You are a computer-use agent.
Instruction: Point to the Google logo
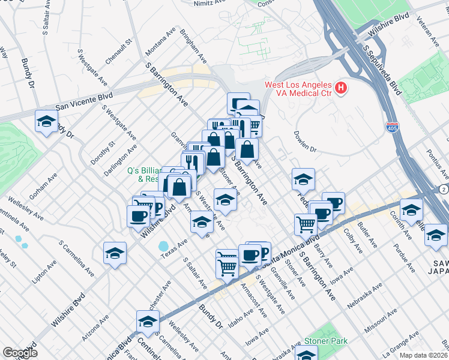20,353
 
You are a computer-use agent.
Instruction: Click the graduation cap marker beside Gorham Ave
46,122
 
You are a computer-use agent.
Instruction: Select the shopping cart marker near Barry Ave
306,224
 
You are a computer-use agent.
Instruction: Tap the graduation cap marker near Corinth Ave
411,210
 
